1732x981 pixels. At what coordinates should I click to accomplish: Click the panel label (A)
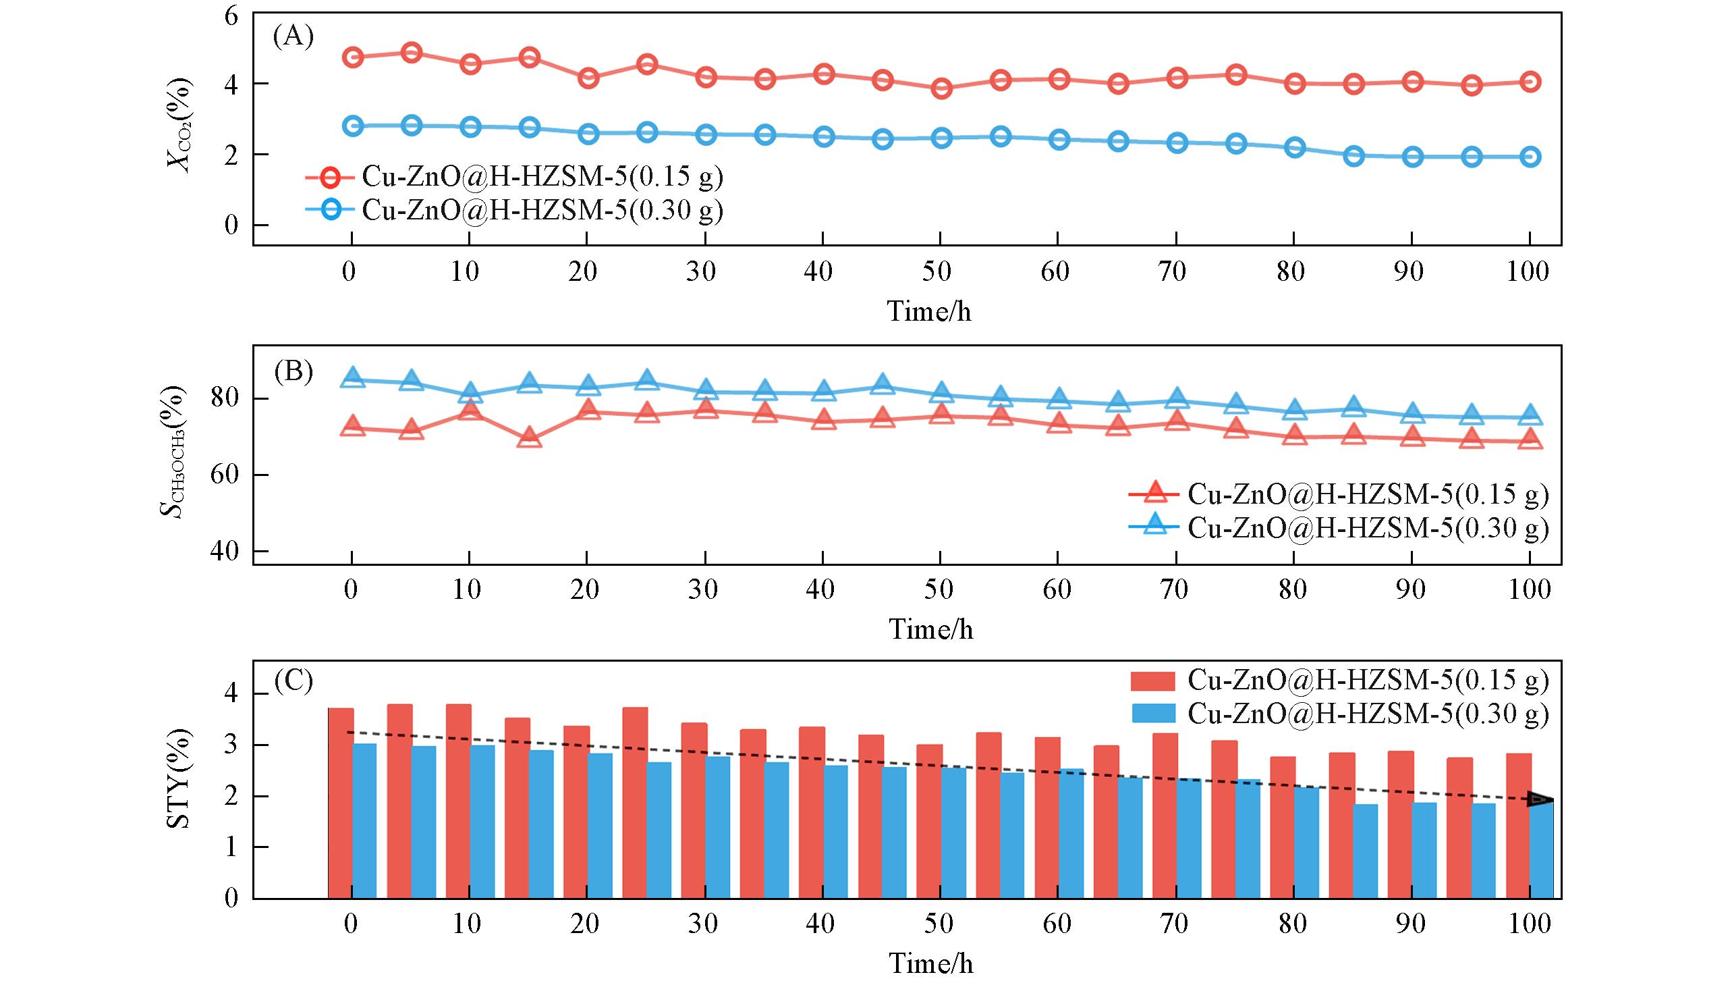pyautogui.click(x=294, y=36)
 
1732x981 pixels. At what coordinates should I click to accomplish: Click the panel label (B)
pyautogui.click(x=294, y=372)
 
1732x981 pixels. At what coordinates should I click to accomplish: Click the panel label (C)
pyautogui.click(x=294, y=681)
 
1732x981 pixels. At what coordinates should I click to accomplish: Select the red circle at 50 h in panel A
pyautogui.click(x=941, y=88)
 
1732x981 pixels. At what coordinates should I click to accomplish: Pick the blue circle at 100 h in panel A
pyautogui.click(x=1530, y=157)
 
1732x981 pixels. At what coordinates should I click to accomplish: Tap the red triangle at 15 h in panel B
pyautogui.click(x=530, y=438)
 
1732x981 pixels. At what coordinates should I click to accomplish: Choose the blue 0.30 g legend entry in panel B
pyautogui.click(x=1339, y=527)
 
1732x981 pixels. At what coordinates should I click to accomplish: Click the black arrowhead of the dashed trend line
pyautogui.click(x=1540, y=799)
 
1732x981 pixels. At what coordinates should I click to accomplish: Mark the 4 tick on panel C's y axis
pyautogui.click(x=231, y=694)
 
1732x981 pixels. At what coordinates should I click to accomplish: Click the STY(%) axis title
pyautogui.click(x=178, y=778)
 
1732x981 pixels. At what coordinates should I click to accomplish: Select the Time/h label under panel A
pyautogui.click(x=928, y=312)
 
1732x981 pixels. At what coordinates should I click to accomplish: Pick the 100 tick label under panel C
pyautogui.click(x=1529, y=924)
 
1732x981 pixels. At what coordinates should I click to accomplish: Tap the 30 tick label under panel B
pyautogui.click(x=702, y=590)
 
